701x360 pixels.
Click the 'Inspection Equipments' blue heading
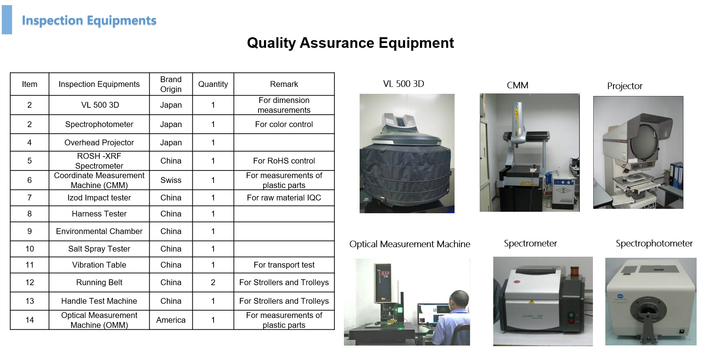pyautogui.click(x=89, y=21)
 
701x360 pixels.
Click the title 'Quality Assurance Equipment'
pyautogui.click(x=350, y=43)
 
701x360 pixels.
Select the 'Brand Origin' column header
pyautogui.click(x=171, y=84)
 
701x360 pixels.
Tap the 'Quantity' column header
pyautogui.click(x=213, y=84)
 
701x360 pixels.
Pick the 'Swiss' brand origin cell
pyautogui.click(x=171, y=180)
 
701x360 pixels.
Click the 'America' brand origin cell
pyautogui.click(x=171, y=320)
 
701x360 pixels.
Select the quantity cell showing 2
pyautogui.click(x=213, y=282)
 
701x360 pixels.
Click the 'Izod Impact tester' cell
pyautogui.click(x=99, y=198)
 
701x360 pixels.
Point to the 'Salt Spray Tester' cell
pyautogui.click(x=99, y=249)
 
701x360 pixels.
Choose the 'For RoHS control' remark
pyautogui.click(x=284, y=161)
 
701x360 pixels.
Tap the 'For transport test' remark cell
pyautogui.click(x=284, y=265)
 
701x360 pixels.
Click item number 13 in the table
pyautogui.click(x=30, y=301)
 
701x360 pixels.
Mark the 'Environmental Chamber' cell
pyautogui.click(x=99, y=231)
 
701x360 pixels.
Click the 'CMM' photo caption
pyautogui.click(x=517, y=85)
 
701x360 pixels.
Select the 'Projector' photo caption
pyautogui.click(x=625, y=86)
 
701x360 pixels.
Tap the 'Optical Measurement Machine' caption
pyautogui.click(x=410, y=244)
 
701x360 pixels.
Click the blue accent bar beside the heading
pyautogui.click(x=7, y=20)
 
